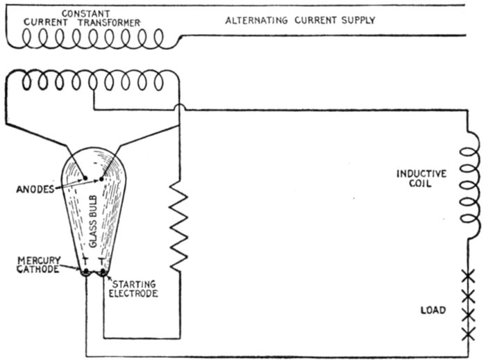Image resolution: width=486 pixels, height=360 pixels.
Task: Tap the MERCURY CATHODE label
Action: (38, 265)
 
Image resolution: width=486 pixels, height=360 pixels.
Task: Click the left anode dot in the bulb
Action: (85, 178)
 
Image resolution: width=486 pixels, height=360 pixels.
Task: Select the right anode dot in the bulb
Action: (101, 178)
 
